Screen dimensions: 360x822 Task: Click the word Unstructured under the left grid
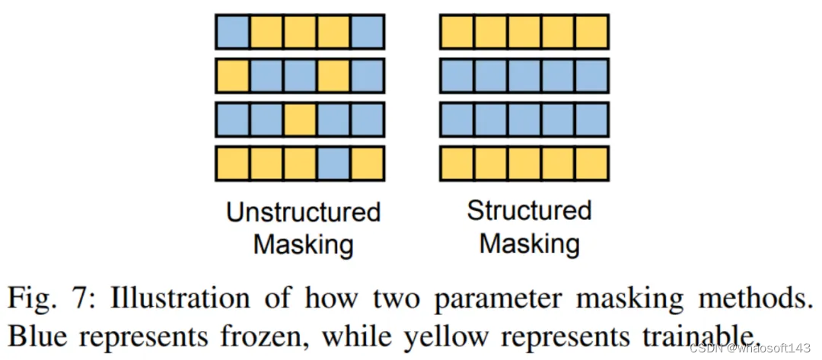click(303, 212)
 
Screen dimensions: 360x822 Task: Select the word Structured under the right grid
click(529, 210)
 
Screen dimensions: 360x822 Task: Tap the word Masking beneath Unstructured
click(303, 245)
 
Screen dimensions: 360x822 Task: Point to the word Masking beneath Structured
click(529, 244)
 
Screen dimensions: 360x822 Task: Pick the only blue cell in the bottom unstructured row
click(333, 164)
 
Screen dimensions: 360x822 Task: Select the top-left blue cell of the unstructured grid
click(232, 32)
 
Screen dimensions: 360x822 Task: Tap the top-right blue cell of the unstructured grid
click(368, 32)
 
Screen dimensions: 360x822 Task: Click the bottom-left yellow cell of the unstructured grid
click(232, 164)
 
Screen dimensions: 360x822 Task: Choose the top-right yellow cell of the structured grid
click(592, 32)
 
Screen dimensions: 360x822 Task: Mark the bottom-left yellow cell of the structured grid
click(457, 164)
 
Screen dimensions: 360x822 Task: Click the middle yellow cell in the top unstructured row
click(300, 32)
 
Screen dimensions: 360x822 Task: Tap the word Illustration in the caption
click(173, 298)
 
